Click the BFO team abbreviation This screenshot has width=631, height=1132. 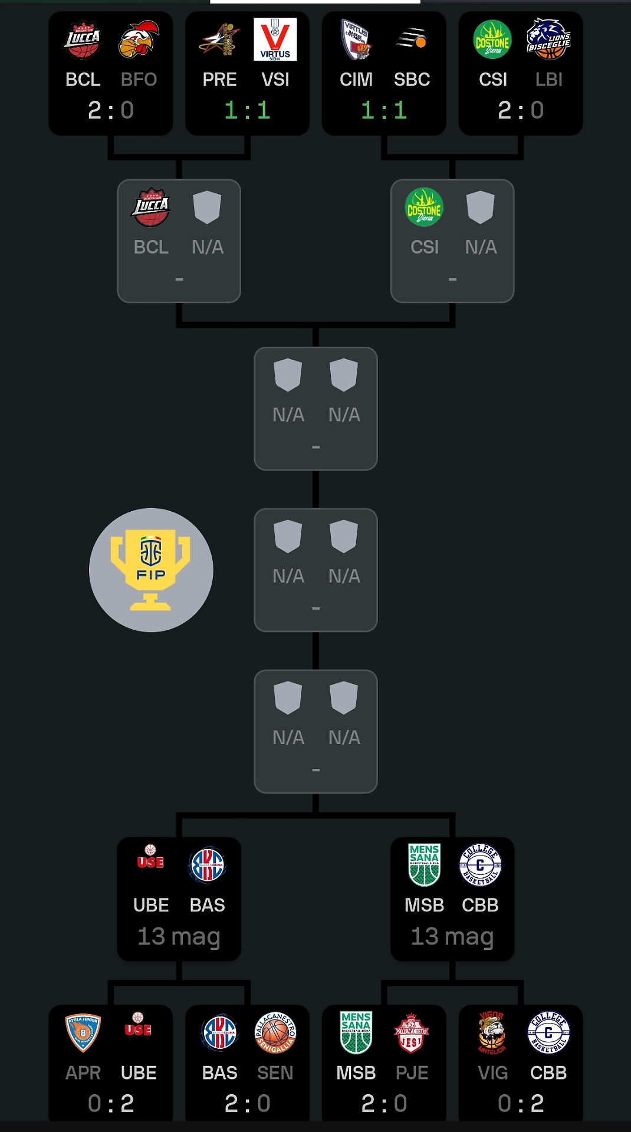[x=139, y=80]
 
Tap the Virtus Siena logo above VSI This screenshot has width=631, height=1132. [x=275, y=40]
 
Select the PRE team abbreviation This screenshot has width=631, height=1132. [x=219, y=80]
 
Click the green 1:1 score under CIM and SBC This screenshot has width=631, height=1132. [x=384, y=110]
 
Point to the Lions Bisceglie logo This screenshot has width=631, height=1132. [x=548, y=40]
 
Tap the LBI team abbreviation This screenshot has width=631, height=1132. [x=549, y=80]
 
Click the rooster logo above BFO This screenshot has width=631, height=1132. [x=139, y=40]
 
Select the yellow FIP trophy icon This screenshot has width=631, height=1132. [x=151, y=570]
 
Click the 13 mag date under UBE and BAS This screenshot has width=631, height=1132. [x=179, y=936]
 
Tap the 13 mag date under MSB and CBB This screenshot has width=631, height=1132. [x=452, y=936]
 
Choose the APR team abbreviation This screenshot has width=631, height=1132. [x=83, y=1073]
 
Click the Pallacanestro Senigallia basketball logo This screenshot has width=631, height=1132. [x=275, y=1033]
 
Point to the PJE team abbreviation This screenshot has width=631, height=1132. [x=412, y=1073]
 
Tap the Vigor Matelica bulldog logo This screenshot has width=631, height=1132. [x=492, y=1033]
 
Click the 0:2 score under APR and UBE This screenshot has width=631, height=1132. [x=111, y=1104]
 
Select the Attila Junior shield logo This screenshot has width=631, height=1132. [x=83, y=1033]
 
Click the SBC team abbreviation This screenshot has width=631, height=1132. [x=412, y=80]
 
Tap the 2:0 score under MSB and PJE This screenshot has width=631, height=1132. [x=384, y=1104]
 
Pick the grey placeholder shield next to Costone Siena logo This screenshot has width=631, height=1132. [x=481, y=207]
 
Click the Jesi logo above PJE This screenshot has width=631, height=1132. [x=411, y=1033]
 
